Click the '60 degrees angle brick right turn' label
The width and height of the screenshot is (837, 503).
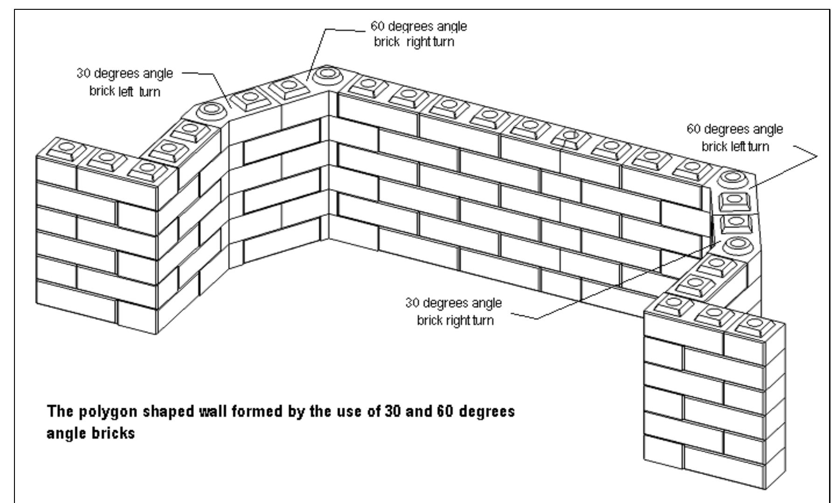(418, 34)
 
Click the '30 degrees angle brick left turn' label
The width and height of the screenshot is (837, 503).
(125, 82)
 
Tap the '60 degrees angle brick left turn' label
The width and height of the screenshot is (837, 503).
(735, 138)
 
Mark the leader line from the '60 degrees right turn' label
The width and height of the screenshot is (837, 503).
(319, 47)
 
